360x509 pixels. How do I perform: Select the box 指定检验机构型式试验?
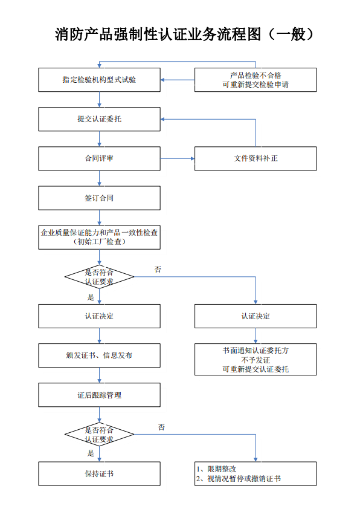pos(99,80)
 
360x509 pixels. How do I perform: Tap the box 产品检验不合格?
pos(255,80)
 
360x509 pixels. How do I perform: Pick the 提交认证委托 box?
pos(99,119)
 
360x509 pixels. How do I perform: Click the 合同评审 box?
pos(99,158)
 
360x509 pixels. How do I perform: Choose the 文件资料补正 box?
pos(255,158)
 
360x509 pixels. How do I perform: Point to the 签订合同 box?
pos(99,198)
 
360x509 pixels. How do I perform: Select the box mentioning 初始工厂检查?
pos(99,237)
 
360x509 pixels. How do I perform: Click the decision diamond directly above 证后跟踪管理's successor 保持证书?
pos(99,434)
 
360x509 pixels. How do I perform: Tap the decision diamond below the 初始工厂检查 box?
pos(99,277)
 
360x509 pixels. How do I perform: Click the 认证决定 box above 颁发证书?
pos(99,316)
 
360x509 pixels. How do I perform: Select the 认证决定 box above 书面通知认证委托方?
pos(255,316)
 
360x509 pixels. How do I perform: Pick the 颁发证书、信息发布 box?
pos(99,355)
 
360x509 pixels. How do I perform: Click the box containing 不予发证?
pos(255,359)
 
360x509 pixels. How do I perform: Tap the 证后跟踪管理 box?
pos(99,395)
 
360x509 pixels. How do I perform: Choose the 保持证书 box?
pos(99,473)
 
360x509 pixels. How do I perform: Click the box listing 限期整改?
pos(255,473)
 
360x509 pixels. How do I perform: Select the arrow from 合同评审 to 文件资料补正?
pos(178,159)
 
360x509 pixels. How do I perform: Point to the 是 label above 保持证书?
pos(91,453)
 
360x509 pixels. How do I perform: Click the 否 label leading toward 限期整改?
pos(161,427)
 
